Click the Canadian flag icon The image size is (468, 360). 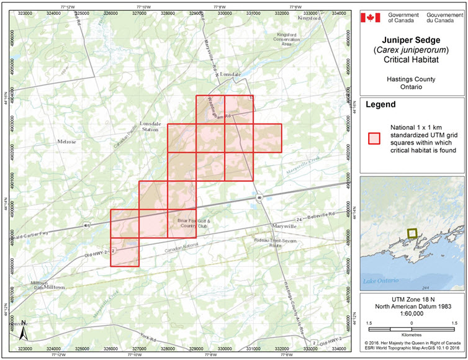coord(371,17)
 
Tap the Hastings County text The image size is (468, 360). coord(410,79)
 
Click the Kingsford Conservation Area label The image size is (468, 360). coord(277,38)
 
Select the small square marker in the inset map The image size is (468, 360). coord(412,233)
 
